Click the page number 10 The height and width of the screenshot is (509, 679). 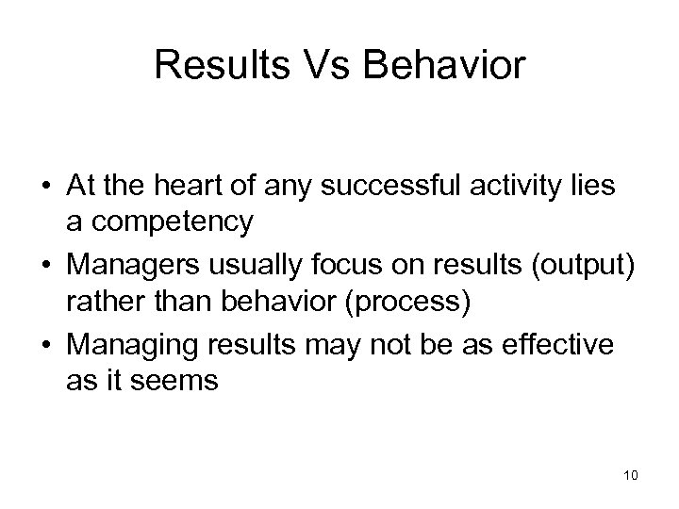click(x=630, y=475)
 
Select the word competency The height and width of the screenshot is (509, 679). click(x=172, y=222)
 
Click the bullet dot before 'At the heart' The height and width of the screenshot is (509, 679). click(x=44, y=188)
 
